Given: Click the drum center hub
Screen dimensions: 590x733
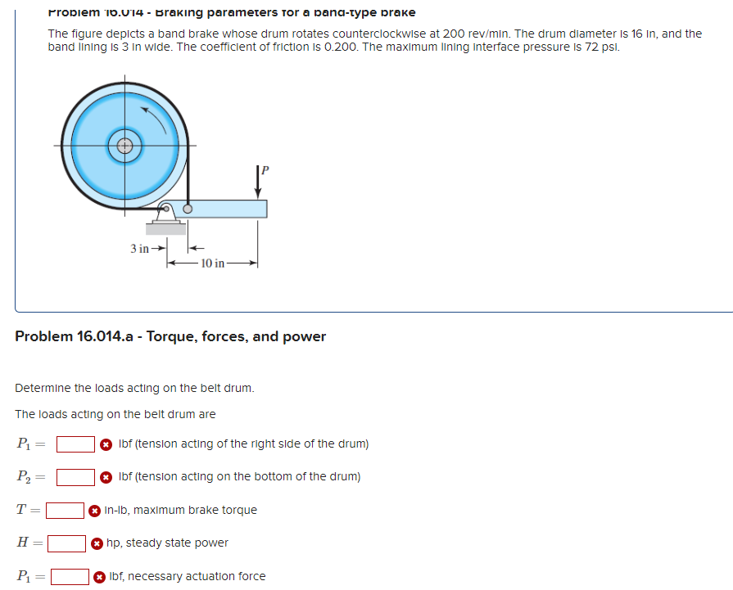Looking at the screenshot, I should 124,146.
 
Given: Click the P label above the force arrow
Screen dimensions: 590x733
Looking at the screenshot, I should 264,170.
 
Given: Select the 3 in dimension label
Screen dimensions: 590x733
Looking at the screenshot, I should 141,248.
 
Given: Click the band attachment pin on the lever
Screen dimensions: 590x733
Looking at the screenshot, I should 188,209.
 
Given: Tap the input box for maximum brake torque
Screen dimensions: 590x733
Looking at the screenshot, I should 66,511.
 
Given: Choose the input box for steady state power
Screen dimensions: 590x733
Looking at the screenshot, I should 67,543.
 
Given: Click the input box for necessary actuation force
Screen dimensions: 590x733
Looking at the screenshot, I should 70,577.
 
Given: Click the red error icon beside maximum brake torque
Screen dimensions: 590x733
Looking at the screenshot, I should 95,511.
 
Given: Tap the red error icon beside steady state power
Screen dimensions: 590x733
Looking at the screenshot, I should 97,543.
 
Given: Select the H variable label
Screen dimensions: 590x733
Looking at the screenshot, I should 23,543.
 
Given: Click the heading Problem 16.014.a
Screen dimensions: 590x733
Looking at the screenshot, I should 170,336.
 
